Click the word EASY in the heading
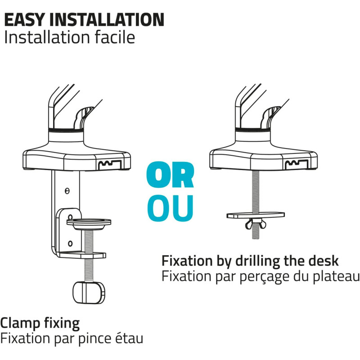[24, 19]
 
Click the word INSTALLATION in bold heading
[107, 19]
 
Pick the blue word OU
[170, 208]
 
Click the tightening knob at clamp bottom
[89, 292]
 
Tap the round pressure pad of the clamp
[89, 224]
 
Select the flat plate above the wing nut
[256, 215]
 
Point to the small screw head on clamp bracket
[67, 191]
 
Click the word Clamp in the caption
[20, 324]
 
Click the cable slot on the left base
[110, 165]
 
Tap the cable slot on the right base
[297, 165]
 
